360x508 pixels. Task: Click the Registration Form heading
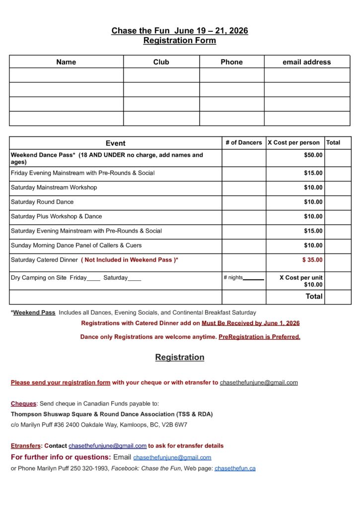[x=180, y=41]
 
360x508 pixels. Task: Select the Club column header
[x=161, y=62]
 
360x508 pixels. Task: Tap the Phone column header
[x=231, y=62]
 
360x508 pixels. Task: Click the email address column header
[x=306, y=62]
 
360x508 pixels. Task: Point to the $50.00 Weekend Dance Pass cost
[x=313, y=155]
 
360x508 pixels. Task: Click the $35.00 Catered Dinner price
[x=312, y=259]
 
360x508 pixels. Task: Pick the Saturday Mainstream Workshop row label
[x=54, y=188]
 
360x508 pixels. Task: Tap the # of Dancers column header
[x=243, y=143]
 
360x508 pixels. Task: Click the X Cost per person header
[x=293, y=143]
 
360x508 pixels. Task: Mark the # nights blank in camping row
[x=254, y=279]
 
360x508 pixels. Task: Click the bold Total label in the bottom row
[x=314, y=296]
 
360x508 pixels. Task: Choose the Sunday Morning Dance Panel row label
[x=76, y=245]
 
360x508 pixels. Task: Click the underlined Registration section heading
[x=180, y=357]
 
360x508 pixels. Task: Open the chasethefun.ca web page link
[x=235, y=468]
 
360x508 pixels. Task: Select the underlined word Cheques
[x=23, y=404]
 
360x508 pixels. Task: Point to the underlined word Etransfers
[x=26, y=445]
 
